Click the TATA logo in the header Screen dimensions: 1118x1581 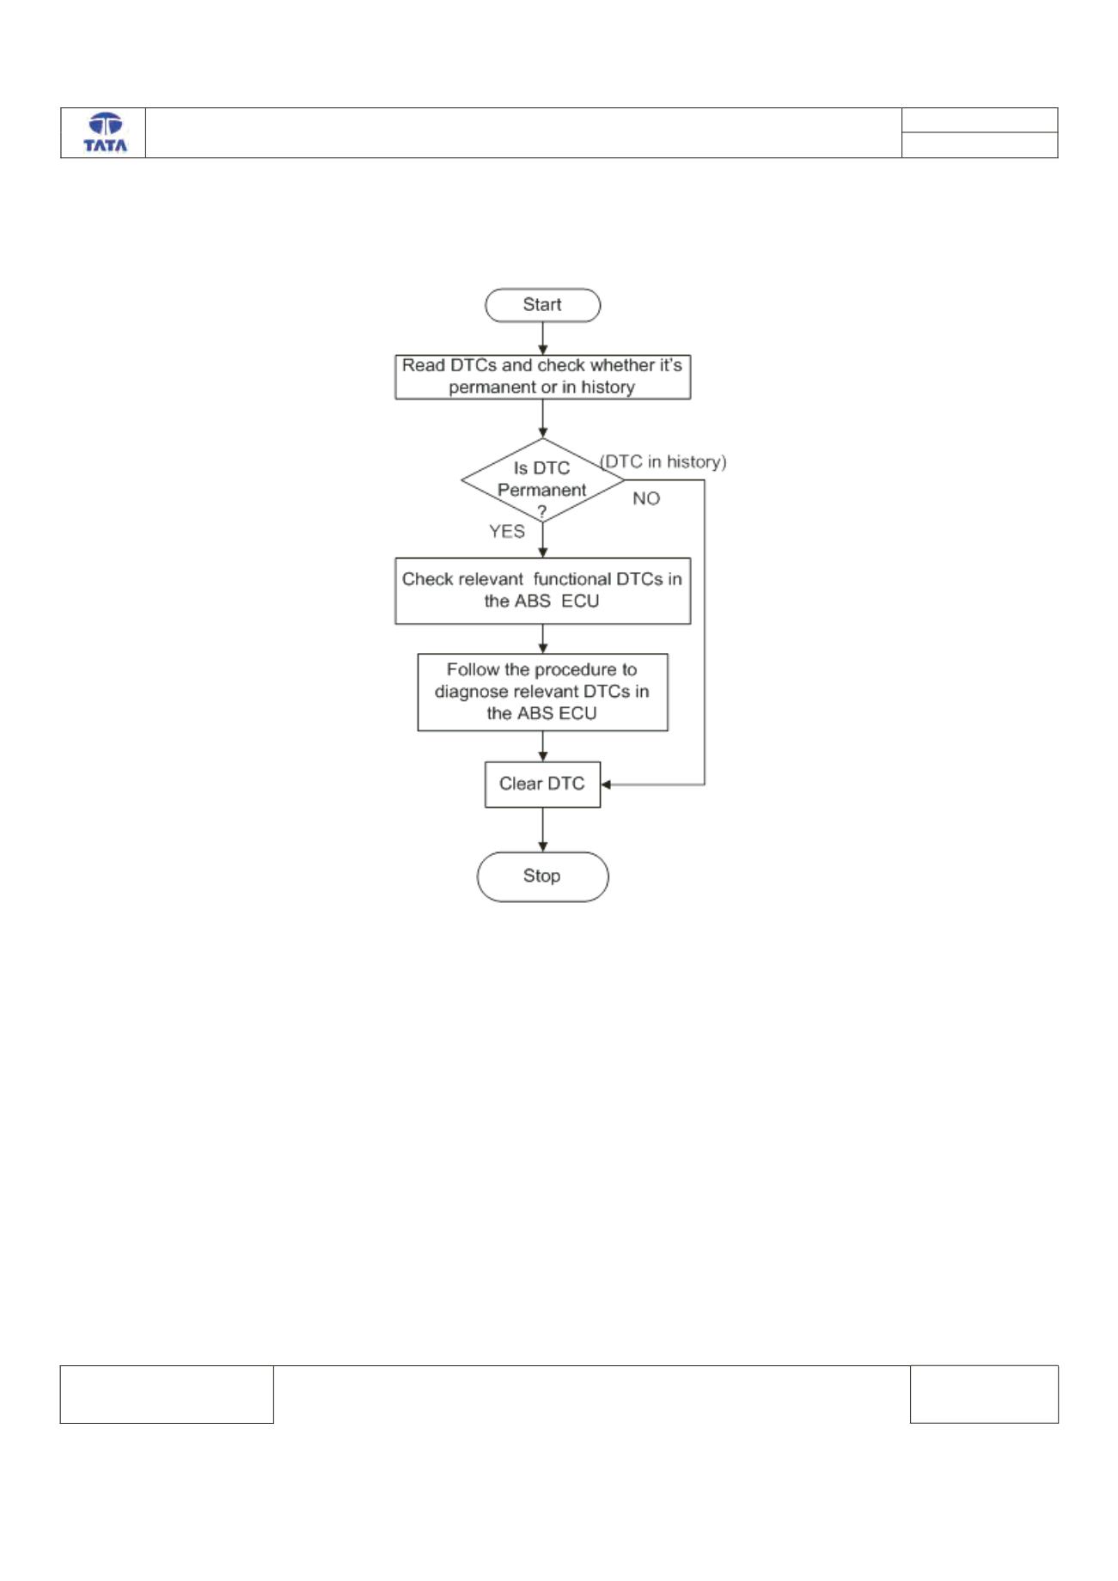click(x=105, y=133)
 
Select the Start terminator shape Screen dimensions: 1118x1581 click(x=542, y=305)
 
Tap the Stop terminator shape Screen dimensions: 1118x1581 click(x=542, y=876)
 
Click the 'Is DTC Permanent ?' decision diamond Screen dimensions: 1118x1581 click(x=542, y=480)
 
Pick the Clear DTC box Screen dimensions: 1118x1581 click(x=542, y=784)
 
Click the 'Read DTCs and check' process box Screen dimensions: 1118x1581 click(x=542, y=376)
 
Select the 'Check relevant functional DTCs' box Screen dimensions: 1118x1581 click(x=542, y=590)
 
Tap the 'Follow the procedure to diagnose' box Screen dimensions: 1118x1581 click(x=542, y=693)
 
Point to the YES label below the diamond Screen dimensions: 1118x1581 click(x=507, y=532)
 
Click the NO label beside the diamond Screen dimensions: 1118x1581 click(x=646, y=498)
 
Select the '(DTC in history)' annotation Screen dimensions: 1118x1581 click(x=663, y=462)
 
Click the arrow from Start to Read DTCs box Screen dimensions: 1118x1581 click(x=542, y=338)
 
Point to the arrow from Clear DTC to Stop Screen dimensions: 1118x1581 click(x=542, y=829)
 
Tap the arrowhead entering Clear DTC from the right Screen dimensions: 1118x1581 click(x=606, y=784)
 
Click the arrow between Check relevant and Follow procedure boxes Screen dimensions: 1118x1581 click(x=542, y=638)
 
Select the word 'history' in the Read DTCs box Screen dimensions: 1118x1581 click(x=608, y=388)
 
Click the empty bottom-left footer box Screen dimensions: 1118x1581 click(x=167, y=1395)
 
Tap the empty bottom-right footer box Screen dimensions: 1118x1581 click(x=984, y=1395)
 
